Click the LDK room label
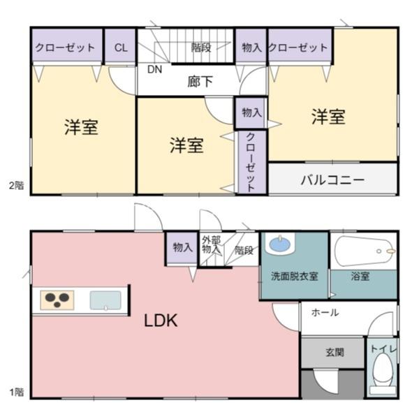(x=161, y=321)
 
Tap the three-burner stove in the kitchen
(x=56, y=300)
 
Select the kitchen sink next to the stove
(x=105, y=300)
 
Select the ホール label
(x=325, y=312)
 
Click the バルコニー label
(x=332, y=179)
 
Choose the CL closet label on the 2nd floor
(x=120, y=47)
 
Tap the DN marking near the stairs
(x=154, y=69)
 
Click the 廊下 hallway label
(x=200, y=82)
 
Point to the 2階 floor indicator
(x=15, y=185)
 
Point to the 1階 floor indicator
(x=15, y=392)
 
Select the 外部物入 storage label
(x=211, y=246)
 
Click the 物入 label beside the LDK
(x=182, y=247)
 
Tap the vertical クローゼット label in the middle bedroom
(x=251, y=161)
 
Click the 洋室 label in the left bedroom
(x=81, y=127)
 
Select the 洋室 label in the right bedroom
(x=328, y=116)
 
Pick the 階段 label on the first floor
(x=244, y=249)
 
